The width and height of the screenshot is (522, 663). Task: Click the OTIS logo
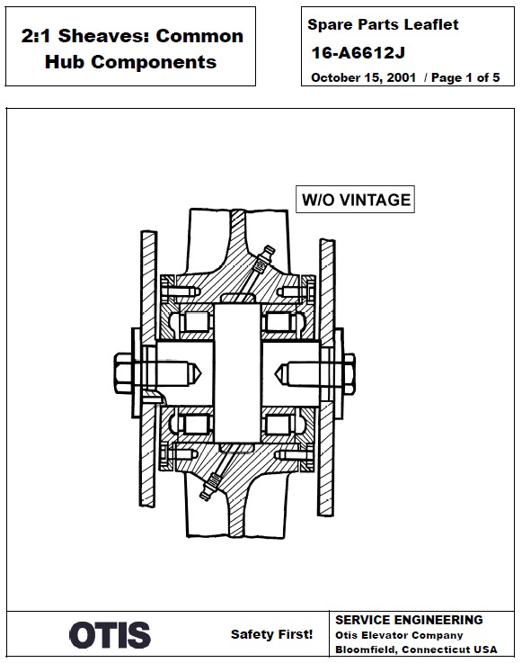point(110,635)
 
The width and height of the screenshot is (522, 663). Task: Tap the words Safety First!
point(272,634)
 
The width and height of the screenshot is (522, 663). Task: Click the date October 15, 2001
point(364,77)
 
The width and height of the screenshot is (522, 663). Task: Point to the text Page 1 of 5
point(465,77)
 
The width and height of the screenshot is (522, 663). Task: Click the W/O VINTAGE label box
point(355,199)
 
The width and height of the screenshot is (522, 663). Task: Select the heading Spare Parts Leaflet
point(383,25)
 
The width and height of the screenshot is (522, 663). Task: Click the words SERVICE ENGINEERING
point(409,620)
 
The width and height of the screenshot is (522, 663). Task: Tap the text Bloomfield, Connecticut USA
point(415,650)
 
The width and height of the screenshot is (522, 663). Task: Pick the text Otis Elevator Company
point(399,635)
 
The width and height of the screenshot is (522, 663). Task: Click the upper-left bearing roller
point(196,320)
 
